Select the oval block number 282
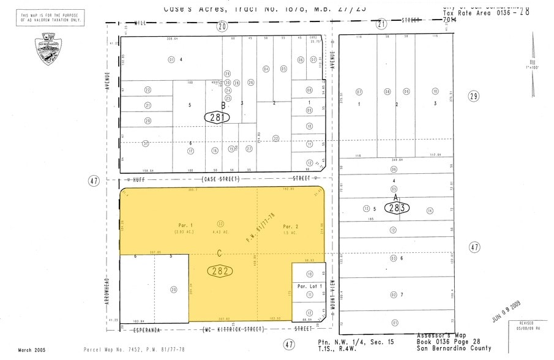pyautogui.click(x=219, y=270)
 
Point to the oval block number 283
pyautogui.click(x=397, y=208)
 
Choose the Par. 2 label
pyautogui.click(x=290, y=226)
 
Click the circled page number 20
pyautogui.click(x=222, y=26)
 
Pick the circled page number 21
pyautogui.click(x=381, y=24)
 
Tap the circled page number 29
pyautogui.click(x=473, y=96)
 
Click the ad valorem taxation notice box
pyautogui.click(x=52, y=18)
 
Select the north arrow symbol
pyautogui.click(x=533, y=61)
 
